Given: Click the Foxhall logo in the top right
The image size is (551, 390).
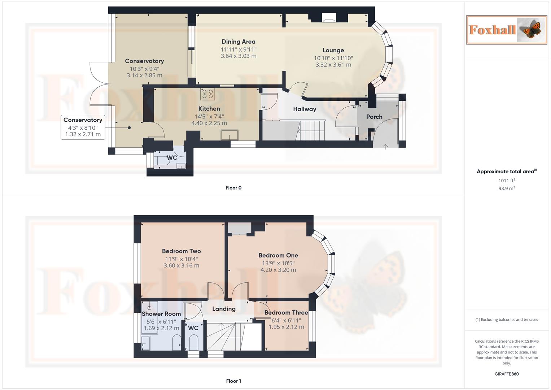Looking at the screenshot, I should tap(506, 30).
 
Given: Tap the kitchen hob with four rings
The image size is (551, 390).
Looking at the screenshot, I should tap(207, 94).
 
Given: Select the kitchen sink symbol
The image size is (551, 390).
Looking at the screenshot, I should tap(229, 135).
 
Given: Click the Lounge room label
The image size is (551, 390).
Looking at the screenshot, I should tap(333, 50).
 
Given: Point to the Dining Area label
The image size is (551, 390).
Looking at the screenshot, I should tap(238, 42).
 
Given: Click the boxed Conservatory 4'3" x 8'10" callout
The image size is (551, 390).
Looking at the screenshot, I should tap(83, 127).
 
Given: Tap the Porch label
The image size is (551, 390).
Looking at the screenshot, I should tap(374, 117).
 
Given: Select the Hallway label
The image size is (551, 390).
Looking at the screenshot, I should tap(304, 109).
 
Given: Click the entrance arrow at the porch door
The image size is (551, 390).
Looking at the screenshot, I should tap(385, 146).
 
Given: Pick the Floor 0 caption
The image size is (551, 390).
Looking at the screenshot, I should tap(233, 188).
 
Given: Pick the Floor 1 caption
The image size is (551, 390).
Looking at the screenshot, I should tap(233, 381).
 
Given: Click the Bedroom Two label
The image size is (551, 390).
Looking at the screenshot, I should tap(181, 251).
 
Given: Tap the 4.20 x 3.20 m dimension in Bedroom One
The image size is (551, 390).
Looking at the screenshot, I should tap(278, 270).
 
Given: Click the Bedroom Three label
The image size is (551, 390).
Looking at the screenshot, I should tap(286, 313).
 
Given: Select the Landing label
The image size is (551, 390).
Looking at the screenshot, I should tap(224, 309).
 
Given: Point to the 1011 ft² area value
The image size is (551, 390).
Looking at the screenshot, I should tap(507, 181).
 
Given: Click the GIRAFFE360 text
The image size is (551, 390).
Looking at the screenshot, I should tap(507, 374).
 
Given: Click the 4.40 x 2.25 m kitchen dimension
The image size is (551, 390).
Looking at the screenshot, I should tap(209, 123).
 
